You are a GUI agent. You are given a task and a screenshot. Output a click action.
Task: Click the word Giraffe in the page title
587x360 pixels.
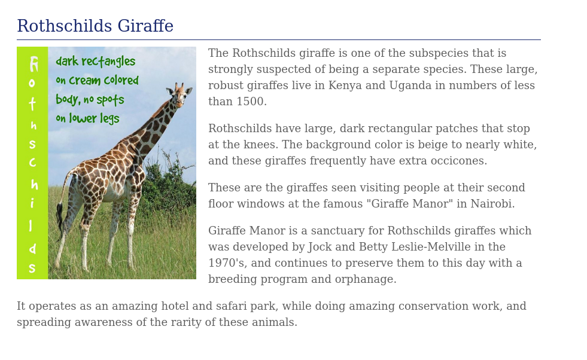coord(145,26)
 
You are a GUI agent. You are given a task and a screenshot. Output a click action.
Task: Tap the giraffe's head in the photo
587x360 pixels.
coord(180,93)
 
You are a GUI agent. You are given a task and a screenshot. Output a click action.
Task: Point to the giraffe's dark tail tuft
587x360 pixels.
coord(59,216)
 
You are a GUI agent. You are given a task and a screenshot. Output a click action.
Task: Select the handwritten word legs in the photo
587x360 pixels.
coord(110,118)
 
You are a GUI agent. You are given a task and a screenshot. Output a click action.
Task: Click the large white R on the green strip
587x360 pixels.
coord(34,64)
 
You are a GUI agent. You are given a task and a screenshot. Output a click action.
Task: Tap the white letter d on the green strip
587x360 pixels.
coord(33,248)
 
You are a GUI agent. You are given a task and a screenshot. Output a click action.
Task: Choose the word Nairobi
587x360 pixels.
coord(492,203)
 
